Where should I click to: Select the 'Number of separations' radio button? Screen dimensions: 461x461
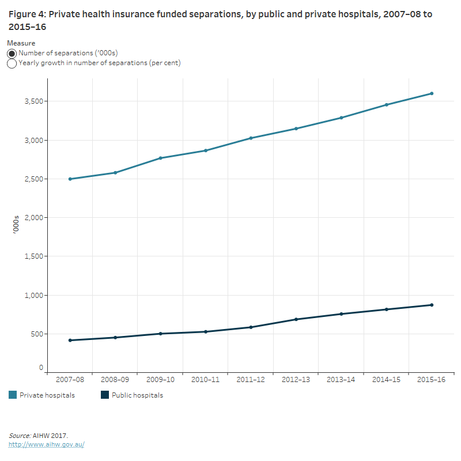tap(12, 53)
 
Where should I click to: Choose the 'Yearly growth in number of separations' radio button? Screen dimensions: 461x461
tap(12, 63)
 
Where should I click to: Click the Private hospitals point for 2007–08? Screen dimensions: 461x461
tap(70, 179)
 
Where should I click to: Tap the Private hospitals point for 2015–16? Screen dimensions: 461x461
tap(432, 93)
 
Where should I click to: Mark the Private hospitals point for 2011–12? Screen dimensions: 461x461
tap(251, 138)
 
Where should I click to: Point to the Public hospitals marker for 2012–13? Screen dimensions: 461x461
tap(296, 319)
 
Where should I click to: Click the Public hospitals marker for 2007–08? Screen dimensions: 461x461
tap(70, 340)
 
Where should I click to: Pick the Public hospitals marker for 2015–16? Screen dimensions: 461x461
tap(432, 305)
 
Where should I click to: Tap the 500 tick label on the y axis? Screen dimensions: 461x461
tap(36, 334)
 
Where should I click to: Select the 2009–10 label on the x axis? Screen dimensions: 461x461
tap(160, 380)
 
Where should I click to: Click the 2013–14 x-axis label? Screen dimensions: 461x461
tap(341, 380)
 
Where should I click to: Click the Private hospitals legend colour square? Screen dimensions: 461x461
tap(12, 395)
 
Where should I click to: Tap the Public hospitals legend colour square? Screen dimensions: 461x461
tap(105, 395)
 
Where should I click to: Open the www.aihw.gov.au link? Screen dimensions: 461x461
tap(46, 445)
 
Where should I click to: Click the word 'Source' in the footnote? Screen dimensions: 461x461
tap(20, 436)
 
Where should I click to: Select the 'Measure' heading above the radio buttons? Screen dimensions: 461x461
tap(21, 43)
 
